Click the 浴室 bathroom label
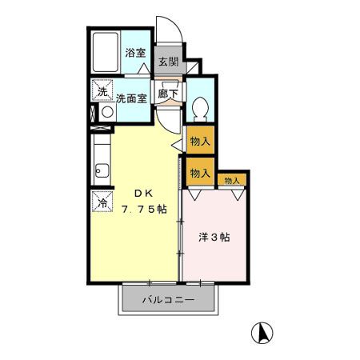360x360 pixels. point(135,54)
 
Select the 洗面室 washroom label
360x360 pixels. point(130,99)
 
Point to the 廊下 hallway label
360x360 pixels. point(167,93)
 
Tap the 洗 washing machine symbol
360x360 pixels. point(102,91)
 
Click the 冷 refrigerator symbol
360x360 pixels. point(102,202)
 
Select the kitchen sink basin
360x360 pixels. point(102,170)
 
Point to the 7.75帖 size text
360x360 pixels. point(144,210)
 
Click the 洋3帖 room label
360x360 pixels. point(214,238)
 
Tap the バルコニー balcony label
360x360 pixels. point(168,301)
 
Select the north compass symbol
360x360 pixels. point(261,332)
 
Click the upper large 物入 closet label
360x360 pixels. point(200,142)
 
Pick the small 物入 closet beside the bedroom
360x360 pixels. point(232,181)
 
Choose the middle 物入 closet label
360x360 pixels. point(200,172)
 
